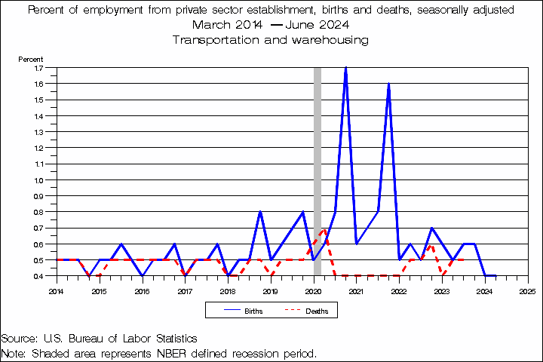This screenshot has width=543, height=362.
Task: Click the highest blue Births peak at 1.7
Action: click(345, 69)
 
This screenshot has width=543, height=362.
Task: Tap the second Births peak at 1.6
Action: click(388, 84)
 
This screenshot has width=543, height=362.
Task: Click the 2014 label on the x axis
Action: click(56, 290)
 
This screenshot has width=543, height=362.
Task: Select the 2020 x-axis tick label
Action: click(314, 290)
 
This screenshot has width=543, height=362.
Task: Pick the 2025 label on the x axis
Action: click(528, 290)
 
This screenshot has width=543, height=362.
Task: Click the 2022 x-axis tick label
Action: click(399, 290)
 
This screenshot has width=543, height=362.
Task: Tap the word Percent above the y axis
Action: click(30, 58)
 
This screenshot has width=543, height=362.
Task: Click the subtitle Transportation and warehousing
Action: click(271, 39)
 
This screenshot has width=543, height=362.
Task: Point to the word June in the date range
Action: click(299, 25)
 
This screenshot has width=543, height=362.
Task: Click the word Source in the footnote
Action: click(20, 338)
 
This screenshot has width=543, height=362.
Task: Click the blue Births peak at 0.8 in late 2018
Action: click(260, 212)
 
